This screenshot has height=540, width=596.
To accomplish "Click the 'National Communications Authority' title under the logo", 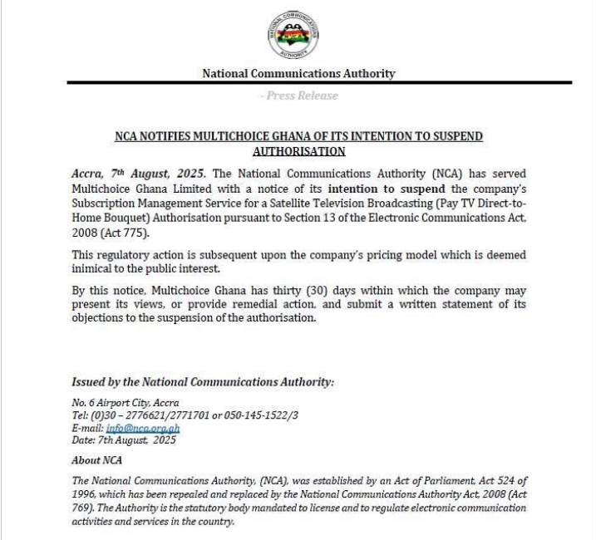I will (x=298, y=74).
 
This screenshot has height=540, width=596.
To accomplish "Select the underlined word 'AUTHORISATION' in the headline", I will (x=298, y=151).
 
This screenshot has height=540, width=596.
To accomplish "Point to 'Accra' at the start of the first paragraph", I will (x=89, y=174).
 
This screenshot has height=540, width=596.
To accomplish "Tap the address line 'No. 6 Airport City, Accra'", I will (x=126, y=403).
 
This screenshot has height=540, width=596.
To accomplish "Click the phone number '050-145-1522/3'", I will (x=255, y=415).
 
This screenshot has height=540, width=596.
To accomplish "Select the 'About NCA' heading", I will (x=96, y=459).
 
